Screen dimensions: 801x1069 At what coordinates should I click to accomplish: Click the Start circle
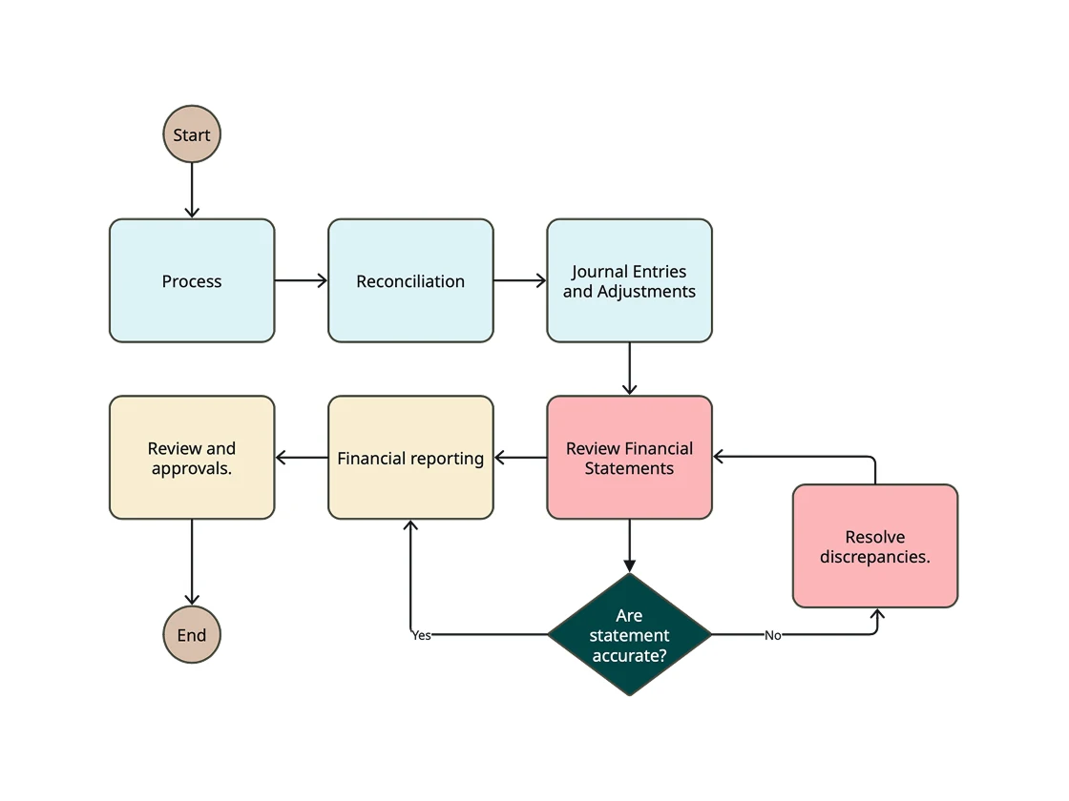(x=192, y=134)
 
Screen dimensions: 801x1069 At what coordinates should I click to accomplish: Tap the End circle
(x=192, y=635)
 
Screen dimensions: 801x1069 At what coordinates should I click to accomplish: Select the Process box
(x=192, y=280)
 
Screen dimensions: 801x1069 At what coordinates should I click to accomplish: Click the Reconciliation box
(x=410, y=280)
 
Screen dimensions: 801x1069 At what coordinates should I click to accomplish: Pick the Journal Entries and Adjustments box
(x=629, y=280)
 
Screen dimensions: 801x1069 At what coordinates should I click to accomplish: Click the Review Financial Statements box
(x=629, y=458)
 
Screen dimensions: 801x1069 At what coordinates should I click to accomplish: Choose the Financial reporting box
(x=410, y=458)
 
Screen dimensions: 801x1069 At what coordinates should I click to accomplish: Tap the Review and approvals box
(x=192, y=458)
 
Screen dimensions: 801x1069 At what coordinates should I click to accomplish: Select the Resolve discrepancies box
(x=874, y=546)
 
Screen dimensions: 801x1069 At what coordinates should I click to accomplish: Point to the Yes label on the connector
(x=421, y=635)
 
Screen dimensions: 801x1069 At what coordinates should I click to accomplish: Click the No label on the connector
(x=772, y=635)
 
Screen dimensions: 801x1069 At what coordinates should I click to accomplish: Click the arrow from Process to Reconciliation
(x=301, y=280)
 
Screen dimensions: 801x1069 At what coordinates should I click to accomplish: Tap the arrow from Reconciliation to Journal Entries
(x=519, y=280)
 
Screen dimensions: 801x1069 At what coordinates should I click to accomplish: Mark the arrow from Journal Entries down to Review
(x=629, y=368)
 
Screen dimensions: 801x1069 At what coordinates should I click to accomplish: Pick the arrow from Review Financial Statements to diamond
(x=629, y=545)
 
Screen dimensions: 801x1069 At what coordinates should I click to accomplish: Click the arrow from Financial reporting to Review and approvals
(x=302, y=458)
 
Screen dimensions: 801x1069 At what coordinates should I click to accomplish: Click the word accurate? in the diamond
(x=629, y=656)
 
